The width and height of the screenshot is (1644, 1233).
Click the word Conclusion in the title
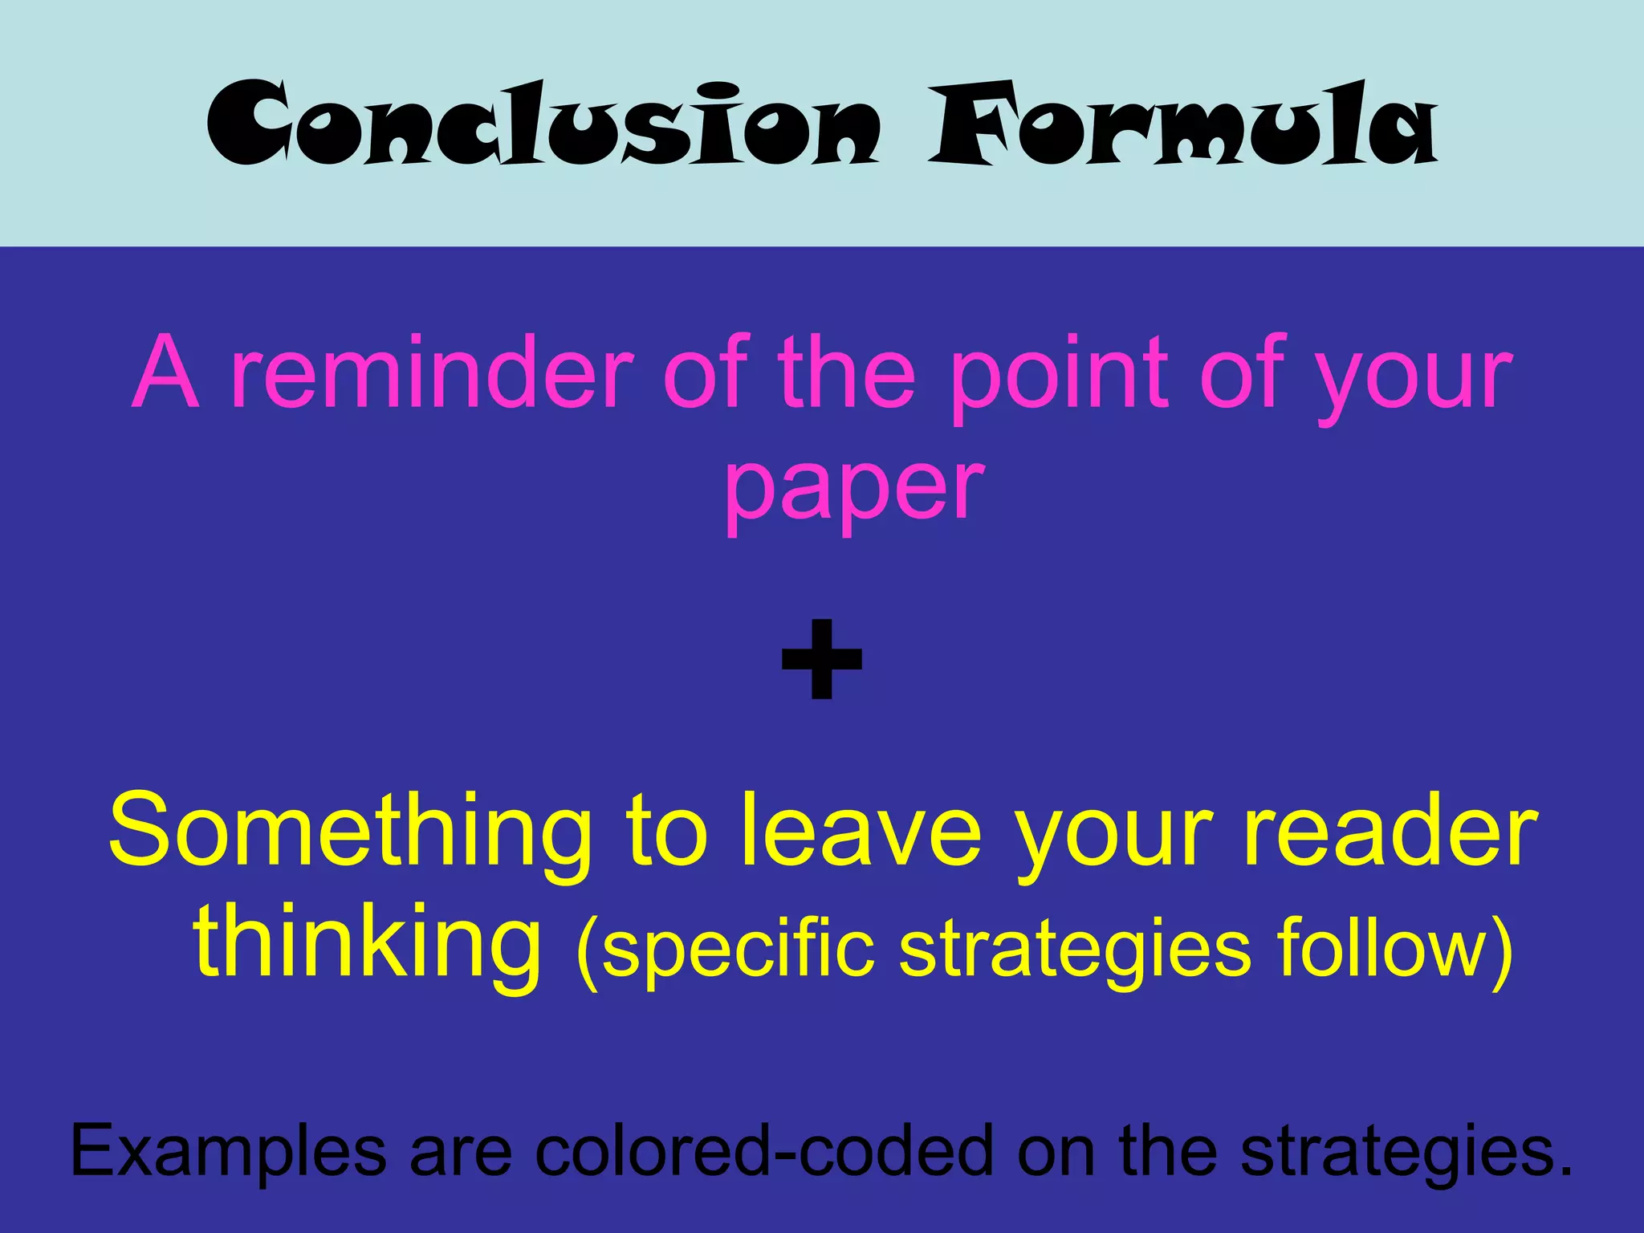(x=543, y=124)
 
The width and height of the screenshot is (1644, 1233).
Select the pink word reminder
(x=431, y=373)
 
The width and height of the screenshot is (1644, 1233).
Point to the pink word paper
(x=853, y=486)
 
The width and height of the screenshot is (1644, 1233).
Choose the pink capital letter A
(x=165, y=373)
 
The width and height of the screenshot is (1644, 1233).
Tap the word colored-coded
(x=763, y=1150)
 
